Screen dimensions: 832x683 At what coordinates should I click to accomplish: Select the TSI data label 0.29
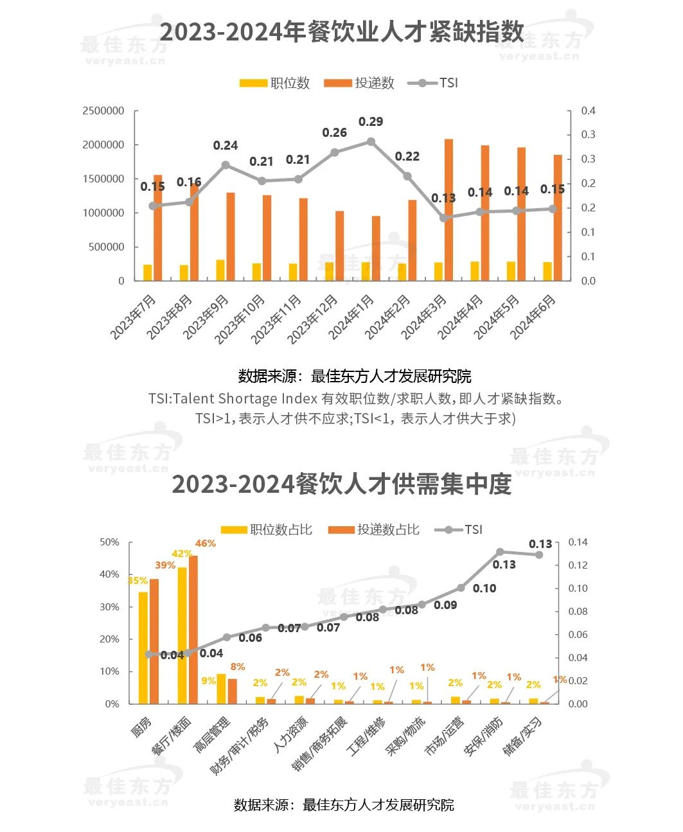(x=371, y=121)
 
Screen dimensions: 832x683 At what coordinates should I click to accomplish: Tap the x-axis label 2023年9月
(x=206, y=317)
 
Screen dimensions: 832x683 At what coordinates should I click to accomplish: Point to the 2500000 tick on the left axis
(x=103, y=111)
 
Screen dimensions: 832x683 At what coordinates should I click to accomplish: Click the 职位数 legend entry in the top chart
(x=274, y=83)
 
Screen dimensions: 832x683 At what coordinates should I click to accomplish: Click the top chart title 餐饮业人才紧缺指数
(x=341, y=32)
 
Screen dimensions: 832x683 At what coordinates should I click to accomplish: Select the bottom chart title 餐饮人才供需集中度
(x=341, y=484)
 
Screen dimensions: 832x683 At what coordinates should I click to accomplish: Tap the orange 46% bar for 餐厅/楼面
(x=193, y=630)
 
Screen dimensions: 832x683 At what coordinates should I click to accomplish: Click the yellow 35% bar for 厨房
(x=143, y=648)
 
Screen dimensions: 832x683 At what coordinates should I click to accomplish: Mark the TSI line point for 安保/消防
(x=500, y=552)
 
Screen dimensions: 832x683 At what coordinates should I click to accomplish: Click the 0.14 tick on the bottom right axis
(x=578, y=542)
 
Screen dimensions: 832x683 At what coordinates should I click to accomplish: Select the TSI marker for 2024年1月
(x=371, y=141)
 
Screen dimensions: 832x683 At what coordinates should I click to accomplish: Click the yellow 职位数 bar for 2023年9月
(x=220, y=270)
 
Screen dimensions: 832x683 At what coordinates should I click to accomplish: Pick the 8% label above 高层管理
(x=238, y=667)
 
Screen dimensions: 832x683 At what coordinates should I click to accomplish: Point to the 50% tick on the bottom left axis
(x=109, y=542)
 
